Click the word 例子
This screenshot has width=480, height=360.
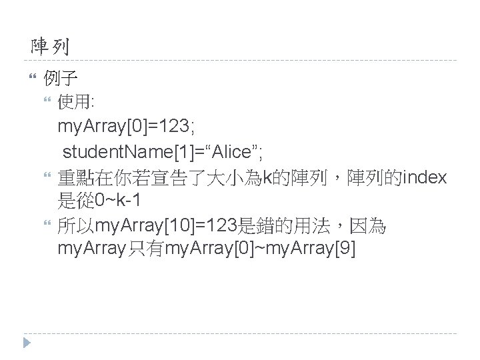tap(59, 80)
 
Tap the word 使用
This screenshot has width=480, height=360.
tap(75, 103)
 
